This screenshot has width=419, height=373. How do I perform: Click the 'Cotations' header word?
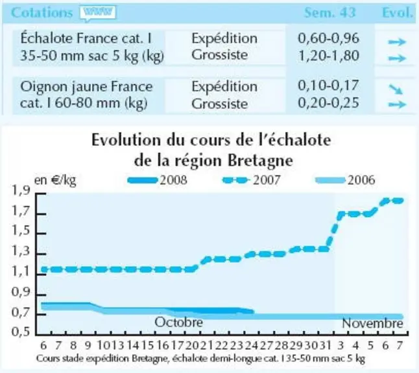[x=42, y=12]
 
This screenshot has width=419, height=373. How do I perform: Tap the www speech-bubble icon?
[x=98, y=13]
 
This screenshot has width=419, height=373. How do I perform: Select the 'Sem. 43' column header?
[x=329, y=12]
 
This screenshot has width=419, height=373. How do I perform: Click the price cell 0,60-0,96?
[x=328, y=38]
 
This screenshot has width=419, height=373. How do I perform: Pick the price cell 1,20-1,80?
[x=328, y=56]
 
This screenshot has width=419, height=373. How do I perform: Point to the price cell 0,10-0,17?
[x=328, y=85]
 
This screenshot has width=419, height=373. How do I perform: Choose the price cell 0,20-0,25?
[x=328, y=103]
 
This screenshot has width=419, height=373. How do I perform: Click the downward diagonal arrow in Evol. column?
[x=396, y=89]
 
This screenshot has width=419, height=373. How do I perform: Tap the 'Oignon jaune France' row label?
[x=86, y=87]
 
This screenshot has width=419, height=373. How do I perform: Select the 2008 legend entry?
[x=158, y=180]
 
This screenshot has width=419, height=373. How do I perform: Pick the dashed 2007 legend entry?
[x=251, y=180]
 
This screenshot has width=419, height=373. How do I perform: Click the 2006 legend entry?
[x=346, y=180]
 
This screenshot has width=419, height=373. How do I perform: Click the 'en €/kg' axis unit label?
[x=55, y=181]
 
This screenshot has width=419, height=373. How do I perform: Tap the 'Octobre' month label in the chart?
[x=178, y=322]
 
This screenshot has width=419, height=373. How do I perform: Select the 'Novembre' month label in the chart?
[x=372, y=323]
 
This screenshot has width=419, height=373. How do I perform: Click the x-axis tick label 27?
[x=266, y=346]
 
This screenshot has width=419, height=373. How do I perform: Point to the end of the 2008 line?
[x=253, y=311]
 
